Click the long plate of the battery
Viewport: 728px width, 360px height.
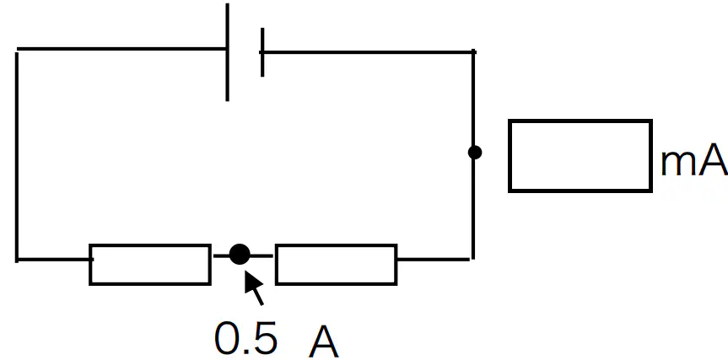[x=227, y=52]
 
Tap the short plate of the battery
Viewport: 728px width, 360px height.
[x=262, y=52]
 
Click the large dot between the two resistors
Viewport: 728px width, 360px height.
[x=240, y=255]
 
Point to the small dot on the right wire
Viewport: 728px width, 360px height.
[x=474, y=152]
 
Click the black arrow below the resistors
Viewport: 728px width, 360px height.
[x=254, y=288]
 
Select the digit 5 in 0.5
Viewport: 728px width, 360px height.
[x=265, y=337]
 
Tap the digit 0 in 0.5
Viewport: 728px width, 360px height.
[x=228, y=337]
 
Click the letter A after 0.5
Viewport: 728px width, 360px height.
[x=324, y=341]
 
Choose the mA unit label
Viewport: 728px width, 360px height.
[x=693, y=160]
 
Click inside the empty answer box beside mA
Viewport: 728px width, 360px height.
[x=580, y=155]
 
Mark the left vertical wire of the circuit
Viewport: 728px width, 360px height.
[x=17, y=157]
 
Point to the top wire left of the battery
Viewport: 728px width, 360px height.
[x=121, y=48]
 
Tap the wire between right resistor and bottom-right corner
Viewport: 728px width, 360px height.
[x=434, y=260]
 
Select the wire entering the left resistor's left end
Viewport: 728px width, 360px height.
[x=53, y=260]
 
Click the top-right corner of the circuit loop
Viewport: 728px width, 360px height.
[x=473, y=52]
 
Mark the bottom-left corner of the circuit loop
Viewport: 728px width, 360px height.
[x=17, y=260]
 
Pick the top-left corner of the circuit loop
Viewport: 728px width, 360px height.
[x=17, y=49]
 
